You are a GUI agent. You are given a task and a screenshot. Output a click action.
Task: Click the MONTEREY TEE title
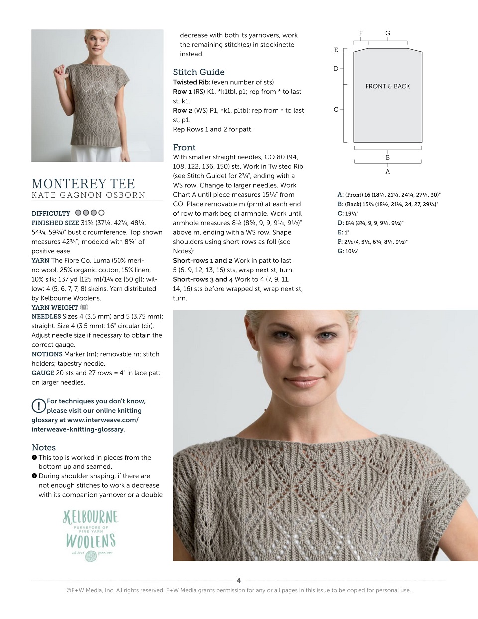(83, 183)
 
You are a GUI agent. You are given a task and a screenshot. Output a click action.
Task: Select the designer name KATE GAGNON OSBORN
(89, 195)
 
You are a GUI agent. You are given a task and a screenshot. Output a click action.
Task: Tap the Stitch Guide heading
(199, 72)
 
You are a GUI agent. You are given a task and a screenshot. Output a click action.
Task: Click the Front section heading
(184, 147)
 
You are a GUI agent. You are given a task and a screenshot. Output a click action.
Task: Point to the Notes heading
(44, 447)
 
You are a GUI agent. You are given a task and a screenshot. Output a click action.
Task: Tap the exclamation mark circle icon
(38, 406)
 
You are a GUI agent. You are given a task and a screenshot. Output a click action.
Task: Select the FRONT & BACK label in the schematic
(388, 86)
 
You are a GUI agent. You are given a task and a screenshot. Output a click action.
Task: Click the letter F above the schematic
(361, 33)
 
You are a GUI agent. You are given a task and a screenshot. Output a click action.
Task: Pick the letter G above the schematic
(388, 33)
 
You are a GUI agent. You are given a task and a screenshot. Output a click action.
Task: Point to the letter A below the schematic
(388, 172)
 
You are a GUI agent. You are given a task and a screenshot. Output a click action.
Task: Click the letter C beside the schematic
(336, 109)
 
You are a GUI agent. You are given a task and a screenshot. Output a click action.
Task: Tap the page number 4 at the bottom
(239, 580)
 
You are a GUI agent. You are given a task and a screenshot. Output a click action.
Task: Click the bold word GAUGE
(43, 373)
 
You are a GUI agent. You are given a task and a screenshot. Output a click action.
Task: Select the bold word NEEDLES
(46, 316)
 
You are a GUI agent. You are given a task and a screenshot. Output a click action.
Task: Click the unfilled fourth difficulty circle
(102, 213)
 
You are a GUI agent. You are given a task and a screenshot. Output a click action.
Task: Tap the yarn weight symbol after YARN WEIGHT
(84, 307)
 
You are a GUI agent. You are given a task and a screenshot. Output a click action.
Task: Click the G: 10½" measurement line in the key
(348, 251)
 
